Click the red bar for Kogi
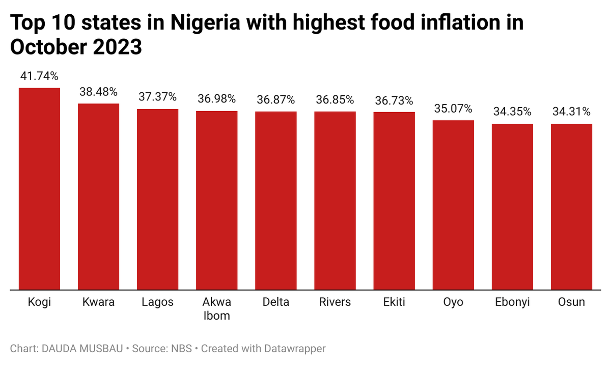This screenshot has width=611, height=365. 39,189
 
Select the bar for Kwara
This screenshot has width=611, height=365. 98,197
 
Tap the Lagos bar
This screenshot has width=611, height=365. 158,199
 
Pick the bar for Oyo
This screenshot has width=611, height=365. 453,205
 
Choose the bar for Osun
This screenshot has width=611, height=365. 571,206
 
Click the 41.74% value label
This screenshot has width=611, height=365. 39,76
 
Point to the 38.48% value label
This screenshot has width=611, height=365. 98,92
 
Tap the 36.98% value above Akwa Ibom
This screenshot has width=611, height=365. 216,99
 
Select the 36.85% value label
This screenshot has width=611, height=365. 335,100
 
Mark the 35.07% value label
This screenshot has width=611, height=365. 453,109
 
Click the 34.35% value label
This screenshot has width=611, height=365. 512,112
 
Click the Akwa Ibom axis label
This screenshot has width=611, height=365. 217,309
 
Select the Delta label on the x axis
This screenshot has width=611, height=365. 276,302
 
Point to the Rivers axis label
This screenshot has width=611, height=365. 335,302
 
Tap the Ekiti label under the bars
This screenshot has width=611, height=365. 394,302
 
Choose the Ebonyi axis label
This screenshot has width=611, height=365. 512,302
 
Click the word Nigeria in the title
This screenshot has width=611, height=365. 205,22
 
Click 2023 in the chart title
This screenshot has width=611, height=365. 117,47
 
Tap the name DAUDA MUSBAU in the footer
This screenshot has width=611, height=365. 82,349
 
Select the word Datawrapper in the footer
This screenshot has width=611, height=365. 295,349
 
